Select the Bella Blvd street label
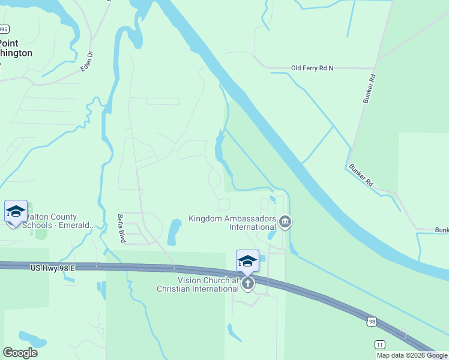tap(121, 229)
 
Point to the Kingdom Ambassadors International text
tap(232, 223)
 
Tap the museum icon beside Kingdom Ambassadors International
tap(285, 223)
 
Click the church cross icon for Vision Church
tap(247, 283)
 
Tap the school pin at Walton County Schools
tap(16, 212)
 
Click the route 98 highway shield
tap(372, 322)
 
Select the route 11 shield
tap(379, 344)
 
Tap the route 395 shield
tap(3, 29)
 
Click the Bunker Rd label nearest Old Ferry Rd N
tap(369, 89)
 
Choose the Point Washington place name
tap(16, 48)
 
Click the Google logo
tap(20, 353)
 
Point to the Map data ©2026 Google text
tap(411, 355)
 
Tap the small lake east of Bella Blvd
tap(173, 233)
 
